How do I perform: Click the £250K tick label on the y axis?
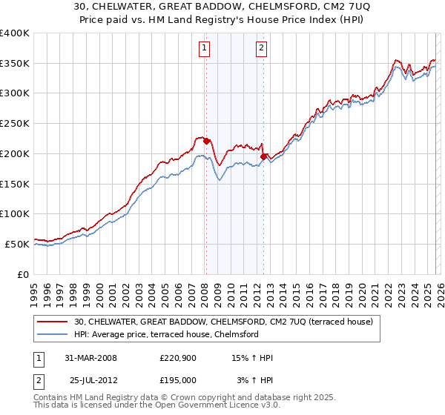tap(14, 124)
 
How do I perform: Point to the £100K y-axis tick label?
tap(14, 214)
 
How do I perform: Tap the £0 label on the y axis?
tap(23, 274)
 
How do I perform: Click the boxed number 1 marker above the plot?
tap(204, 50)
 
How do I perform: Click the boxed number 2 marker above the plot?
tap(262, 50)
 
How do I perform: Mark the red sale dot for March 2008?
tap(206, 141)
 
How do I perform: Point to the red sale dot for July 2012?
tap(263, 156)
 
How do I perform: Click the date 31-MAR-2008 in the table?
tap(91, 358)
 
